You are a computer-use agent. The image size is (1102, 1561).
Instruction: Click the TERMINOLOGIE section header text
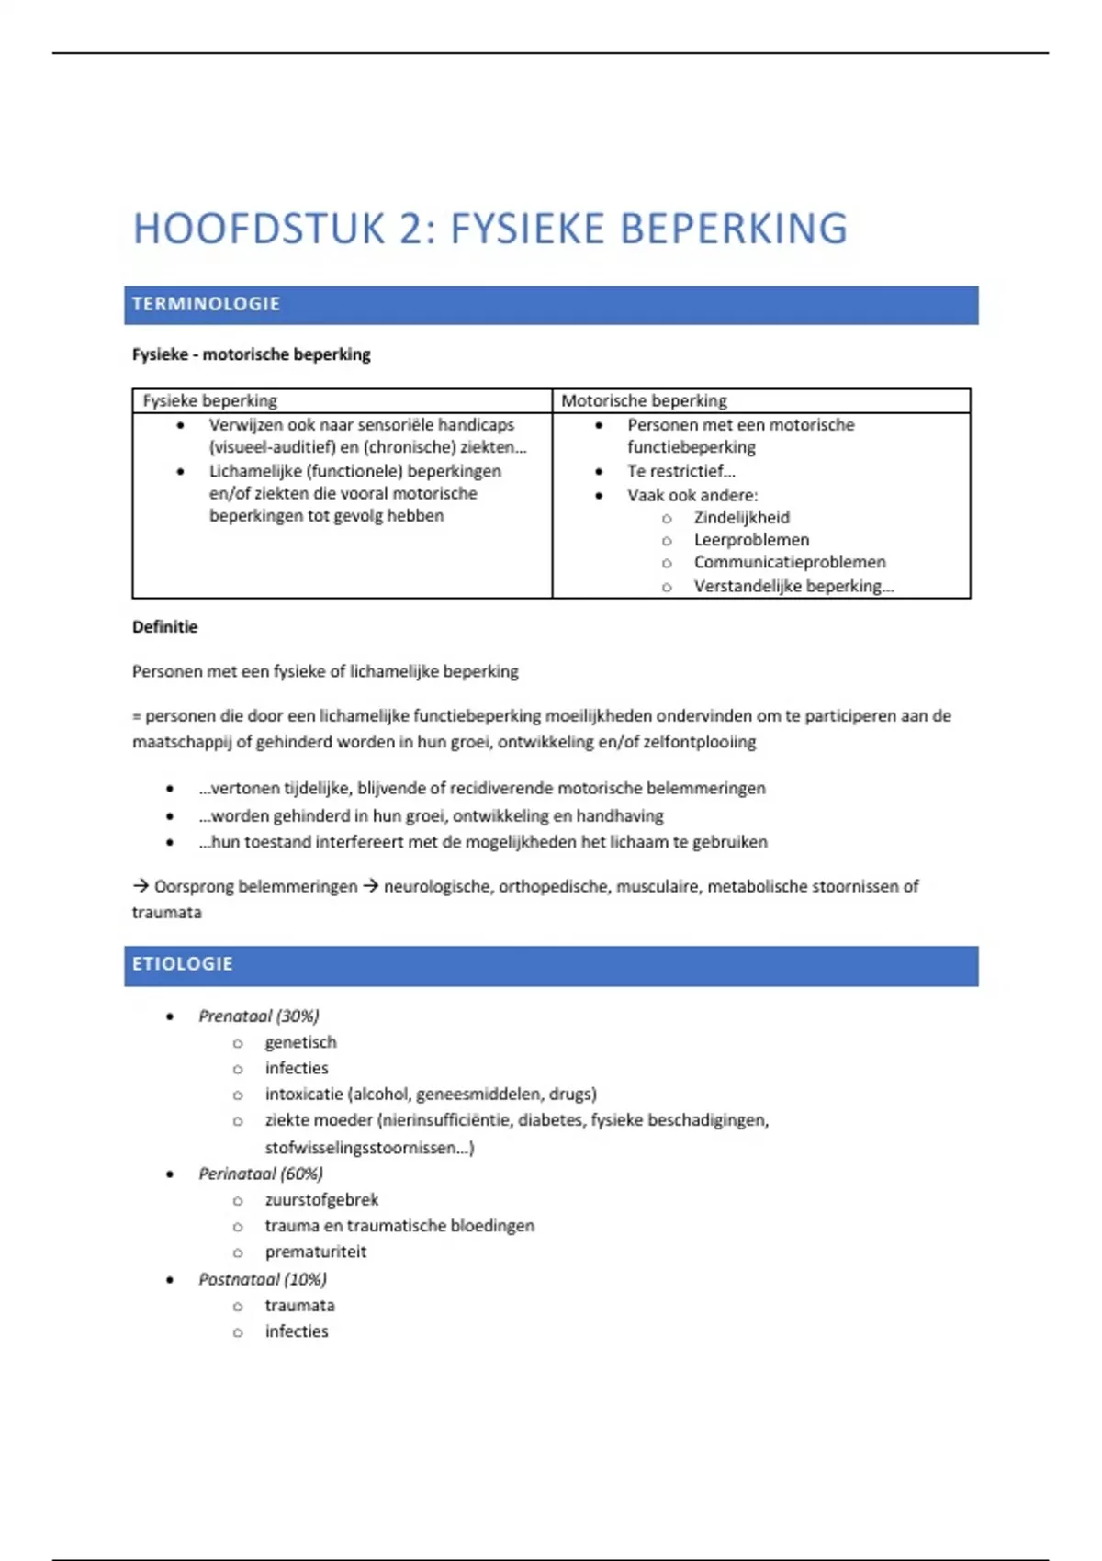[206, 304]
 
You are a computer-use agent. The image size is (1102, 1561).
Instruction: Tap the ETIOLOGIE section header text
[183, 964]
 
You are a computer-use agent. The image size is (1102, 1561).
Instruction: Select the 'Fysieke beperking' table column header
[209, 400]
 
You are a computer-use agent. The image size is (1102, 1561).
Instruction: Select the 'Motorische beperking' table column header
[644, 400]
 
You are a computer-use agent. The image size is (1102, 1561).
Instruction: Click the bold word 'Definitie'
[165, 627]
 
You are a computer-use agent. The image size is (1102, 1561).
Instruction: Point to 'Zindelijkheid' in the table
[741, 518]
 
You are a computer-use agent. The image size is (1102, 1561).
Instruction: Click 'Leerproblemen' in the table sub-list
[751, 540]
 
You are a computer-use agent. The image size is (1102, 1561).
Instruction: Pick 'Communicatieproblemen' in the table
[790, 562]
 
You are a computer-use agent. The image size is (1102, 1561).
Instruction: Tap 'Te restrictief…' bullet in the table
[681, 471]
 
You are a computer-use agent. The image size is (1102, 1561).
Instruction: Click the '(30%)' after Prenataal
[298, 1016]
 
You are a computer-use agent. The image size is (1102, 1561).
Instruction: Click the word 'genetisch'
[300, 1042]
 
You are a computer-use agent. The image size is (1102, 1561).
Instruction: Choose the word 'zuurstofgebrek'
[321, 1200]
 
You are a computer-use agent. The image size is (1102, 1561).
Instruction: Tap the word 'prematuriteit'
[315, 1252]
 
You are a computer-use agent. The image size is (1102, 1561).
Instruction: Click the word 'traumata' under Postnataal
[299, 1306]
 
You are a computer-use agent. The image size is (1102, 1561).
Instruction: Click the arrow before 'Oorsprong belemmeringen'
[141, 886]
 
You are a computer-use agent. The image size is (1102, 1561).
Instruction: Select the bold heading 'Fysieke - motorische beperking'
[252, 354]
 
